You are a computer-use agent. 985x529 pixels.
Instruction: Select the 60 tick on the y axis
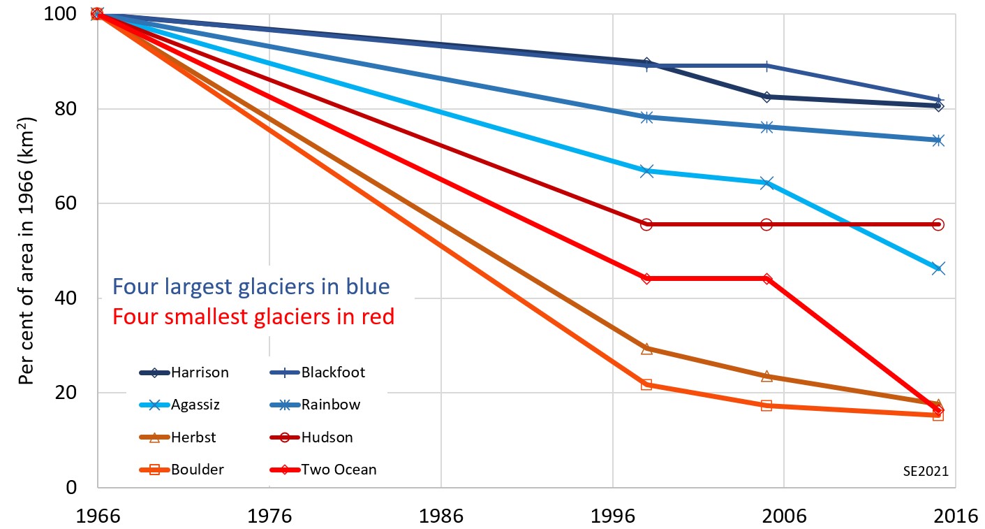tap(73, 203)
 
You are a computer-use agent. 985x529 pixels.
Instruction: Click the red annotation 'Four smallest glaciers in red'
tap(253, 317)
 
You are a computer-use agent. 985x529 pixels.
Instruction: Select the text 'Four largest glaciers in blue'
tap(251, 287)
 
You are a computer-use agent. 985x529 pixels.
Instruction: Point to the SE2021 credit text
tap(925, 472)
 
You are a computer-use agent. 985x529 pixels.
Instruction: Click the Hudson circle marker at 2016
tap(938, 224)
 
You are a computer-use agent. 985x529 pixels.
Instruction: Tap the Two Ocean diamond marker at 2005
tap(766, 279)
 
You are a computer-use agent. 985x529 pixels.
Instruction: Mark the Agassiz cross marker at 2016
tap(938, 268)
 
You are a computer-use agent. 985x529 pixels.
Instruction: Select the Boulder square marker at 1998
tap(646, 384)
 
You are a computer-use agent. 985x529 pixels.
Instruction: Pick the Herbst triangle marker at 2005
tap(766, 376)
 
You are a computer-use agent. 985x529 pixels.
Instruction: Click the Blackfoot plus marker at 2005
tap(766, 66)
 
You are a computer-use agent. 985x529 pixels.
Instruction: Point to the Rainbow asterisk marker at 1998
tap(646, 117)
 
